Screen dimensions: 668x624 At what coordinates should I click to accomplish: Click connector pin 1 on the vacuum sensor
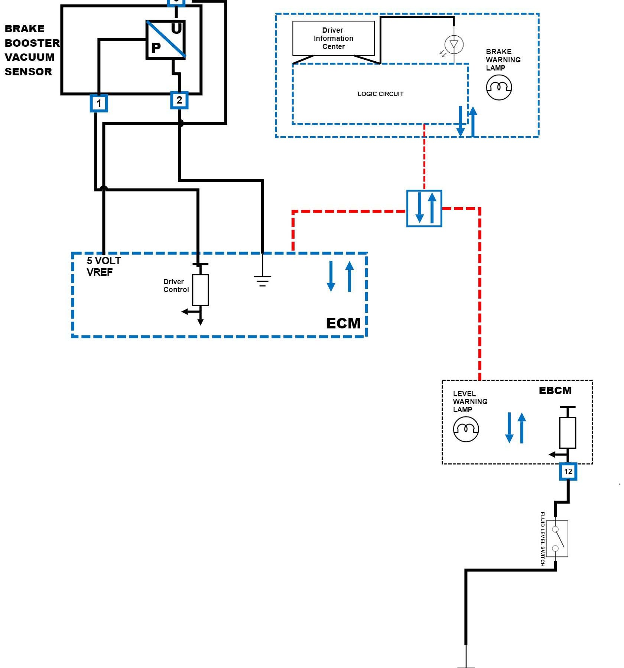(x=99, y=103)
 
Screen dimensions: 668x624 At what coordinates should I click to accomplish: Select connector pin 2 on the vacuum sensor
(x=179, y=100)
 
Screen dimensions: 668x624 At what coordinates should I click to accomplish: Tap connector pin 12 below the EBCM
(x=568, y=471)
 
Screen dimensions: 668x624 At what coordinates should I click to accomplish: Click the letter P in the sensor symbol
(x=156, y=48)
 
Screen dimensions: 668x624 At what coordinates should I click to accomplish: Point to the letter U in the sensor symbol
(x=176, y=29)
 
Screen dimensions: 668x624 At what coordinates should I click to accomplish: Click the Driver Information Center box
(x=333, y=38)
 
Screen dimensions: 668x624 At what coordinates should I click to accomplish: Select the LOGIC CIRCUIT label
(x=380, y=94)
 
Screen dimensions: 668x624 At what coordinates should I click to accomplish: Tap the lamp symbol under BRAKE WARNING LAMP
(x=499, y=88)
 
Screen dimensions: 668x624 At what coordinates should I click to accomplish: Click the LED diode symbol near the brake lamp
(x=454, y=45)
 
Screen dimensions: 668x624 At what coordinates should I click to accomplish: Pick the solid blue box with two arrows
(x=424, y=208)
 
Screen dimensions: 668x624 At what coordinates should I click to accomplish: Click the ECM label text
(x=343, y=323)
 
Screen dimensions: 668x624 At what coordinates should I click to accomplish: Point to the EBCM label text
(x=555, y=390)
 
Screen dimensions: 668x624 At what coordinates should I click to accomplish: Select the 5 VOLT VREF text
(x=104, y=266)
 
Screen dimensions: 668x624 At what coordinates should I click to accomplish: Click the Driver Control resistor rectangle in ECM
(x=200, y=290)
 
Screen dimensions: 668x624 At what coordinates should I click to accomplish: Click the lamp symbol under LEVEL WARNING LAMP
(x=466, y=429)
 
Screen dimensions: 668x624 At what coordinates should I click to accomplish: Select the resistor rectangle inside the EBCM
(x=567, y=433)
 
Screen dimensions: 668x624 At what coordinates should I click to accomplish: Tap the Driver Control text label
(x=176, y=286)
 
